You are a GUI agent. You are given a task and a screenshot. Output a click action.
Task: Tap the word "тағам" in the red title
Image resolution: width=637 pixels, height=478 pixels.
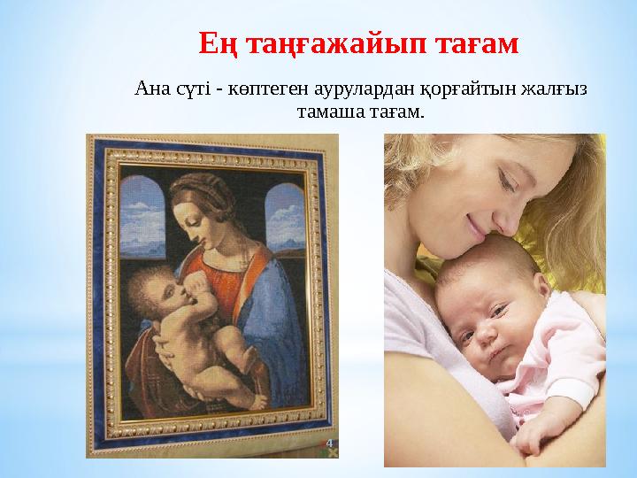click(x=478, y=42)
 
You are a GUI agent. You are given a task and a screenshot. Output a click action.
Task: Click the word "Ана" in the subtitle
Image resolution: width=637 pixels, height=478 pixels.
click(x=148, y=89)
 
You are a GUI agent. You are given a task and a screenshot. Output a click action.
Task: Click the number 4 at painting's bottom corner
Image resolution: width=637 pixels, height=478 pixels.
click(x=328, y=439)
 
